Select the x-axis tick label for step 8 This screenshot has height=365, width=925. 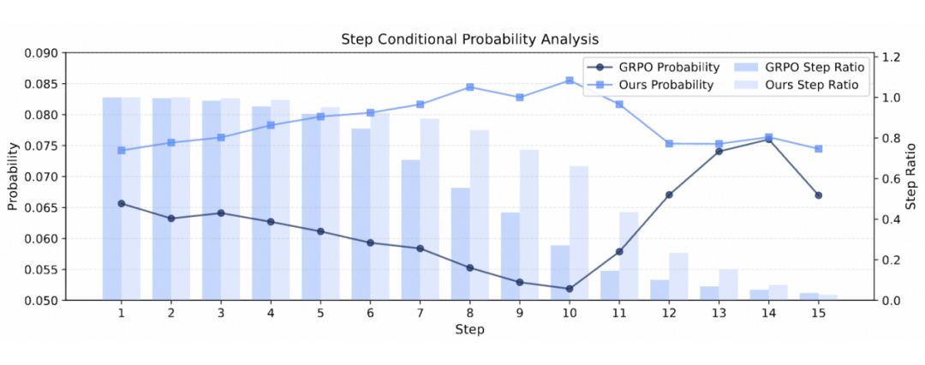pos(469,314)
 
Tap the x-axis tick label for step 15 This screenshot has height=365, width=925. pos(818,314)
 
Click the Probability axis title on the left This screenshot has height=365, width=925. pos(13,177)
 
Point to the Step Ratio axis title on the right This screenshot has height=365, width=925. pos(911,177)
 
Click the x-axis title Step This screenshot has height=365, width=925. pos(469,330)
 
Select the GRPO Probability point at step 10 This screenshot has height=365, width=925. pos(569,289)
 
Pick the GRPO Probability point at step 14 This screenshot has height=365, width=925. pos(768,139)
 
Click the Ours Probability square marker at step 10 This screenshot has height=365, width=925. pos(569,81)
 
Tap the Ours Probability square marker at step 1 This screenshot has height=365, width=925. pos(122,151)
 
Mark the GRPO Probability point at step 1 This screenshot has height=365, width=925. pos(122,203)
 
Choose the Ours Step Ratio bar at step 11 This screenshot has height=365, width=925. pos(630,256)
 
